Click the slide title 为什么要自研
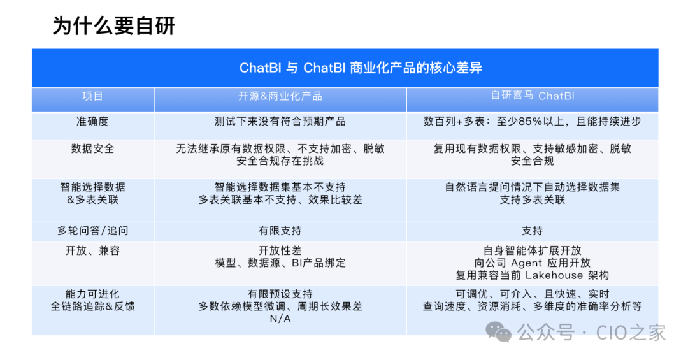113,26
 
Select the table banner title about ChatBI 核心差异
361,68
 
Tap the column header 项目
92,96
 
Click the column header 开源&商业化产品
280,96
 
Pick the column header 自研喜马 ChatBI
533,96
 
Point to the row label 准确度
92,121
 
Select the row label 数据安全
92,148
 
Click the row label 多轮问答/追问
92,231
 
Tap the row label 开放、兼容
92,250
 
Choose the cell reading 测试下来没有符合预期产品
280,121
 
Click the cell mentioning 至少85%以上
533,121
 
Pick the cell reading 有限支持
280,231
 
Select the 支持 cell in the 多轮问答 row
533,231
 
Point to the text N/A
280,319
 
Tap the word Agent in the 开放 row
526,263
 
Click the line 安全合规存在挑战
280,161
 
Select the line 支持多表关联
533,199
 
